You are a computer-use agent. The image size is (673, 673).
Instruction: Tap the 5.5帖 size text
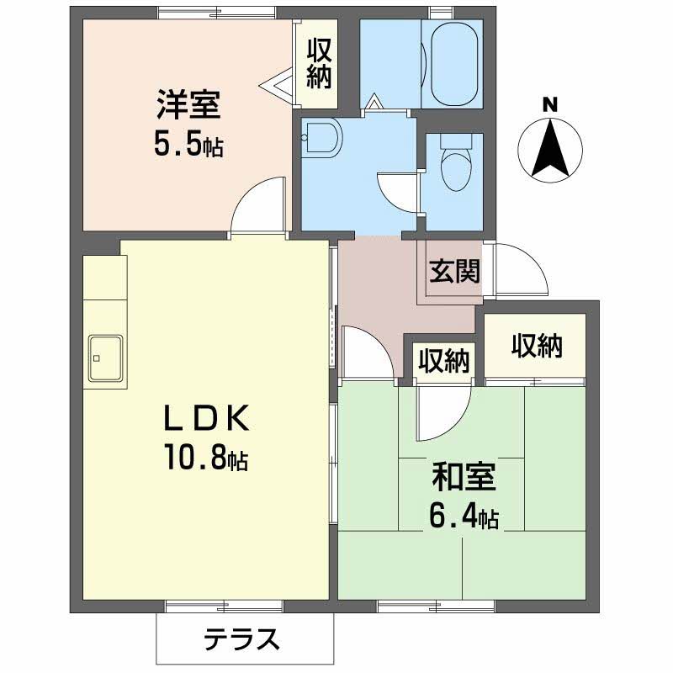pyautogui.click(x=187, y=146)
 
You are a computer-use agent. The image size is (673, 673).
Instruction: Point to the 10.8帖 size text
pyautogui.click(x=205, y=458)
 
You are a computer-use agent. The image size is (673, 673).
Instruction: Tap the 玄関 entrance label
pyautogui.click(x=455, y=271)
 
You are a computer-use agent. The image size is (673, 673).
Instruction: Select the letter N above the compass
pyautogui.click(x=549, y=105)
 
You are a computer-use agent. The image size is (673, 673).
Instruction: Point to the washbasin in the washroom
pyautogui.click(x=321, y=137)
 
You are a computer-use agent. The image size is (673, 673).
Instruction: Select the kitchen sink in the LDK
pyautogui.click(x=106, y=358)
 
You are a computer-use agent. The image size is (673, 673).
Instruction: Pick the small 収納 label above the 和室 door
pyautogui.click(x=443, y=361)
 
